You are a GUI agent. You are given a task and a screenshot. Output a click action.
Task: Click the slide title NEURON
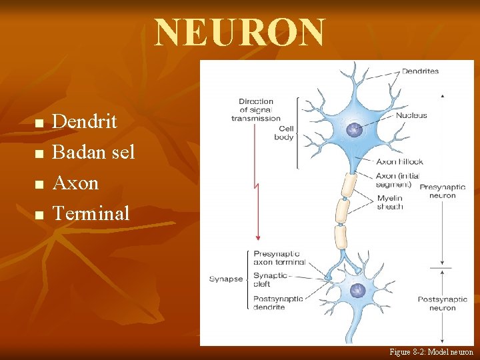point(241,33)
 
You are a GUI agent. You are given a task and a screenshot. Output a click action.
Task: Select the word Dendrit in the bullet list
point(84,121)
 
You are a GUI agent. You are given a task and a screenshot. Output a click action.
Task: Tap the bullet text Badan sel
point(93,152)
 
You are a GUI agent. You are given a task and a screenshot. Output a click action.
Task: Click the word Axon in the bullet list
point(75,183)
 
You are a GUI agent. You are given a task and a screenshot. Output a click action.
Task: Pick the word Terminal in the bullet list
point(91,213)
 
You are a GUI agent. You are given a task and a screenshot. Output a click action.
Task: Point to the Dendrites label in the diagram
point(420,71)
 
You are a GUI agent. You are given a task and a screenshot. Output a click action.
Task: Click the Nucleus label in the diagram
point(411,115)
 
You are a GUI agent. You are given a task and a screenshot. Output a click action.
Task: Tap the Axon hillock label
point(399,161)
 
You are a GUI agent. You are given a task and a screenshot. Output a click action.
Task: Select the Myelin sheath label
point(390,202)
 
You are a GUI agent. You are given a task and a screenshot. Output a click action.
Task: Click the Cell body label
point(285,133)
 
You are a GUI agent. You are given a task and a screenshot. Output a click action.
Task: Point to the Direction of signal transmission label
point(257,110)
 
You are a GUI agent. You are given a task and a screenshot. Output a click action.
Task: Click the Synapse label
point(226,279)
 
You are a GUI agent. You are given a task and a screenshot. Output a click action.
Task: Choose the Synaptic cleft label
point(271,279)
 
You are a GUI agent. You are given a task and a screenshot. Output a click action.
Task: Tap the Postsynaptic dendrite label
point(278,303)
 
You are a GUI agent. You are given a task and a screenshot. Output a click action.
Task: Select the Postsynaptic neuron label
point(442,303)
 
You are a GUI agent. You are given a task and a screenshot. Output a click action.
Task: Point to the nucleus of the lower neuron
point(358,291)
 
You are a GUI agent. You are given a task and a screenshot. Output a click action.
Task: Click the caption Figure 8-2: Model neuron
point(431,351)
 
